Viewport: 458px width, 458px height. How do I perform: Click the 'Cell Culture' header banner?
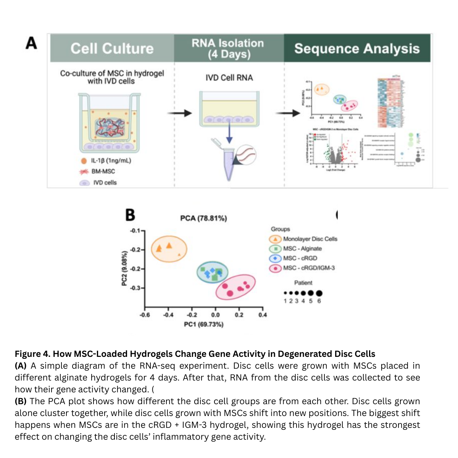tap(112, 48)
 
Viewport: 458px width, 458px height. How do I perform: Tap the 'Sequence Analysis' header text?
tap(357, 48)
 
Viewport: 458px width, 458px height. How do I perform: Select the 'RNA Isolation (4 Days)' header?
tap(228, 48)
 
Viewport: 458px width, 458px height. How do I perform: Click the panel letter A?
tap(31, 43)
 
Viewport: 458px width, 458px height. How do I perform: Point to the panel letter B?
tap(130, 215)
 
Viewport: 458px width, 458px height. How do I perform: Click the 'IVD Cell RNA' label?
tap(229, 78)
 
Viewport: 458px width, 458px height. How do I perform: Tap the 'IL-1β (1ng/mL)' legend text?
tap(111, 161)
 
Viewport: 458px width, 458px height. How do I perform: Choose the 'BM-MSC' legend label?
tap(103, 172)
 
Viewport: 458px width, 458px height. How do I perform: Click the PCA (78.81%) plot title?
tap(203, 218)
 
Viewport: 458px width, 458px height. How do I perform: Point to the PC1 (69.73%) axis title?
tap(204, 324)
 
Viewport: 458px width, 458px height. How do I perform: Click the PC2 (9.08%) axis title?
tap(124, 268)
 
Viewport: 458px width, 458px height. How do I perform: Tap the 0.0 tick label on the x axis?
tap(215, 315)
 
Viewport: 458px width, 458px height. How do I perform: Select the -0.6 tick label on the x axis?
tap(145, 315)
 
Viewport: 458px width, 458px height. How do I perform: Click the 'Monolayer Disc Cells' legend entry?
tap(310, 239)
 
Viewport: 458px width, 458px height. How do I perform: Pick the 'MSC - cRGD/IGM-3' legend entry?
tap(309, 268)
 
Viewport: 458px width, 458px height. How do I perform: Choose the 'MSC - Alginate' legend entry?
tap(302, 248)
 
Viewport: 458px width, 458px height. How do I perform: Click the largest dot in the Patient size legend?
tap(319, 293)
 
